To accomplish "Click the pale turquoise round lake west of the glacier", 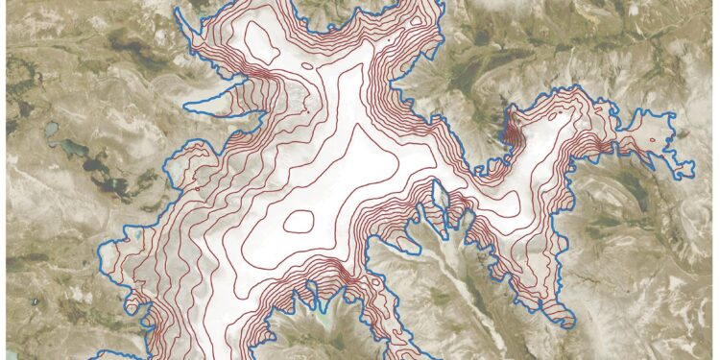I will point(49,128).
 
